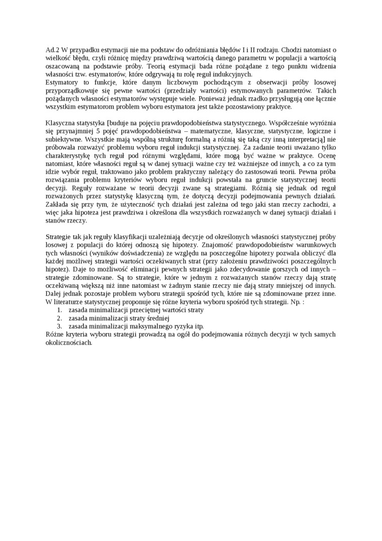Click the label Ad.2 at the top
click(52, 50)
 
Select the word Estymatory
click(62, 82)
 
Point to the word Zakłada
click(58, 204)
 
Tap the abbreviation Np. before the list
click(296, 301)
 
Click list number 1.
click(59, 310)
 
